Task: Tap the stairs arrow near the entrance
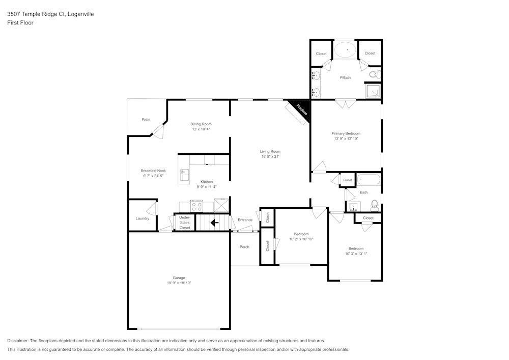214,223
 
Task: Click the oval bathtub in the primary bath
345,50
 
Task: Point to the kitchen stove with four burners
196,206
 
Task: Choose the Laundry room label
143,218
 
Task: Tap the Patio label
146,120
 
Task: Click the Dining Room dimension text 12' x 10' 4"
201,129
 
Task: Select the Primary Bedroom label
346,133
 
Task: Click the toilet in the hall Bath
374,205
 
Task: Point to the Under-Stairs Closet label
185,223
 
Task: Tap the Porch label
244,247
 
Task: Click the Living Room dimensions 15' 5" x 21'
270,156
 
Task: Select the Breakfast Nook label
153,171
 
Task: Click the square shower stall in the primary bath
374,91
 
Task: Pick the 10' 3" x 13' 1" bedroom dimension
356,254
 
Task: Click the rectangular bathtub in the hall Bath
369,180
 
